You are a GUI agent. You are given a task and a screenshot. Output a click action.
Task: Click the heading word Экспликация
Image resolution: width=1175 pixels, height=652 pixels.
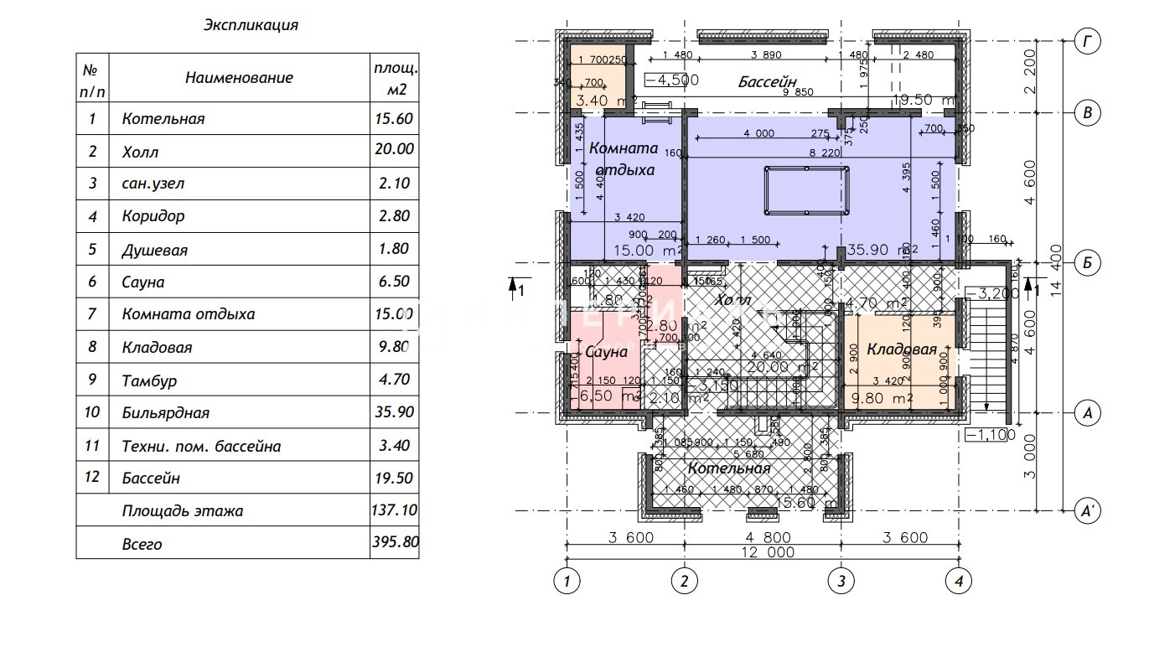[x=251, y=25]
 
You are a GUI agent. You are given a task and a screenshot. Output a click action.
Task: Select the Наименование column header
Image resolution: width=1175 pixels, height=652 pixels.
[x=239, y=78]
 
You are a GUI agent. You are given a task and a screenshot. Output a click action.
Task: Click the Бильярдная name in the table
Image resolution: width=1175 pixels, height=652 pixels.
[x=165, y=412]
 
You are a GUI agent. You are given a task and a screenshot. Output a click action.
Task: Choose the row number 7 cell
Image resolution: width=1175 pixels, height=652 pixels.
[x=92, y=314]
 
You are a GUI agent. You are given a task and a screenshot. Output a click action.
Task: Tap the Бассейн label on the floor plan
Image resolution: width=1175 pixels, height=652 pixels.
[x=767, y=82]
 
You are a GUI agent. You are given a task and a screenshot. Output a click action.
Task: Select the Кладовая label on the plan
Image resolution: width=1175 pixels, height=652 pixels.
[x=901, y=349]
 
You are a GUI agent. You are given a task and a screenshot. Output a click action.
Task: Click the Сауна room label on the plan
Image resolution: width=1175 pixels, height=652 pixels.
[x=606, y=352]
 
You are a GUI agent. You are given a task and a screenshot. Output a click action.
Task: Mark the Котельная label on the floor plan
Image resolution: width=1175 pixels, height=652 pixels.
[x=729, y=468]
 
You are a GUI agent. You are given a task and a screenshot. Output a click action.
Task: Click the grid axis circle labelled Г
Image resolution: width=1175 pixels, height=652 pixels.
[x=1087, y=40]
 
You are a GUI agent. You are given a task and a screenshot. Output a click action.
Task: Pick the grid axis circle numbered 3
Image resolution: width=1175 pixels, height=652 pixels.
[x=841, y=580]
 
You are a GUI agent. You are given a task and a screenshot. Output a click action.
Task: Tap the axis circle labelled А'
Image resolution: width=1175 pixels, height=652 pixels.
[x=1087, y=510]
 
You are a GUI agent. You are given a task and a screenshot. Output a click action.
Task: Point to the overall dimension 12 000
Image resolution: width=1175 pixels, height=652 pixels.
[x=762, y=552]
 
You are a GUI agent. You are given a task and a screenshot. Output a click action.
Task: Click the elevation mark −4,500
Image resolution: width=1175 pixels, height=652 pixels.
[x=672, y=80]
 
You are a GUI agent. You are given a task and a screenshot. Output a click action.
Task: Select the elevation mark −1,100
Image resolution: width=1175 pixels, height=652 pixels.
[x=990, y=435]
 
